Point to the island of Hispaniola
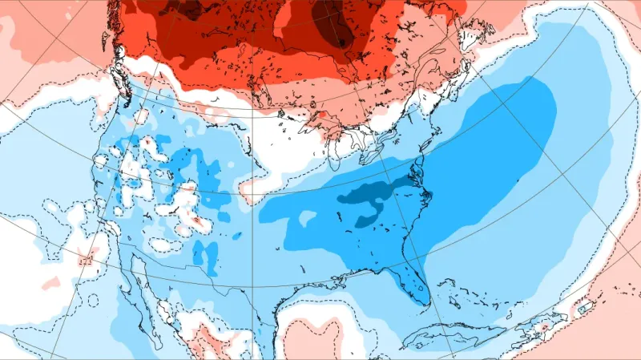pyautogui.click(x=538, y=325)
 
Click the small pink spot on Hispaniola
pyautogui.click(x=546, y=326)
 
